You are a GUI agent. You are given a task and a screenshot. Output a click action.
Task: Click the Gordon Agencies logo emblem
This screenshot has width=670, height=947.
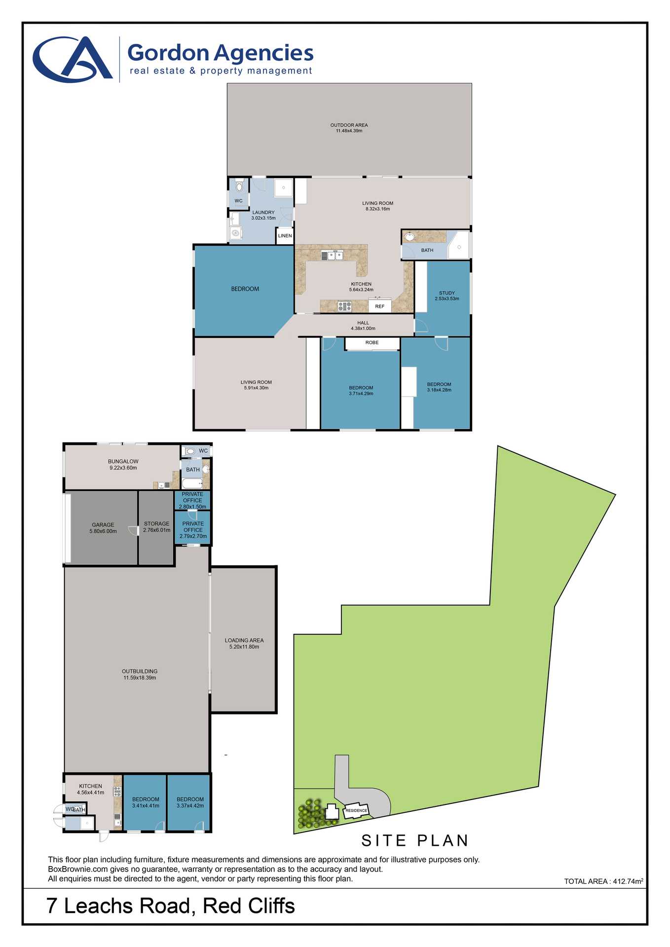(x=73, y=59)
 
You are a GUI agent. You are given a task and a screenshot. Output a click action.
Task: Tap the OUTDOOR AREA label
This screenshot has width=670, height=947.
(x=349, y=125)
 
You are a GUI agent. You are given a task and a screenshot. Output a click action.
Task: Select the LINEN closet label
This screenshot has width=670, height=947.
(x=285, y=236)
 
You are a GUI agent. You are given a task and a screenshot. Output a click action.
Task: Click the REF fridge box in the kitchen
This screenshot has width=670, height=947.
(x=379, y=306)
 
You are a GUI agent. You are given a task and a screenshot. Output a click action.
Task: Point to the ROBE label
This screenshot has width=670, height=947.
(x=372, y=343)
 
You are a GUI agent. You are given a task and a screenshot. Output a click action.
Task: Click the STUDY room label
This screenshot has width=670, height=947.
(x=447, y=293)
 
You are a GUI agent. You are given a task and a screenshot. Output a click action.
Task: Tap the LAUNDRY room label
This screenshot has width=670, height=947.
(x=263, y=213)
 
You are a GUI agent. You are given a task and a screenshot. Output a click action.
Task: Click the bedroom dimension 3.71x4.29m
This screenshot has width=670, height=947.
(x=361, y=394)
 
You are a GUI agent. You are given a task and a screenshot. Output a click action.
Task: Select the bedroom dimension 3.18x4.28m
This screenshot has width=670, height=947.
(x=439, y=390)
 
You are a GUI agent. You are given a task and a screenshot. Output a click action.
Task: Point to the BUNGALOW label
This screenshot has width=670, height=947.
(x=123, y=462)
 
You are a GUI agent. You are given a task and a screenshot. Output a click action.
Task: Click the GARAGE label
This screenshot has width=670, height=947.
(x=103, y=525)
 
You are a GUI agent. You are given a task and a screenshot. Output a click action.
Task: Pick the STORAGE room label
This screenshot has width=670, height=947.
(x=156, y=524)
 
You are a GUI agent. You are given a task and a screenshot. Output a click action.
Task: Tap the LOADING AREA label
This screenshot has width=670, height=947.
(x=244, y=640)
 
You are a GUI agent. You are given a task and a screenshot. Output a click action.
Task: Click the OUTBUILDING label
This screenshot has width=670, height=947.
(x=140, y=671)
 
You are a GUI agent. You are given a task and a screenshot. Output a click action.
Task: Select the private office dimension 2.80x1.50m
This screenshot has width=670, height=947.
(x=192, y=507)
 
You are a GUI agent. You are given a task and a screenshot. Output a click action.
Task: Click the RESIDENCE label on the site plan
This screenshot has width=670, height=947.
(x=356, y=810)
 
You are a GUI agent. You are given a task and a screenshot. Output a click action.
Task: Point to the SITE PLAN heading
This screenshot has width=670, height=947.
(x=415, y=840)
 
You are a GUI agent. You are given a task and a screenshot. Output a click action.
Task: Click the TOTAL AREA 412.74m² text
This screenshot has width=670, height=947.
(x=603, y=881)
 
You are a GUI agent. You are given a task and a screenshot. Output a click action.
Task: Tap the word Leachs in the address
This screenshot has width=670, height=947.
(x=126, y=906)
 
